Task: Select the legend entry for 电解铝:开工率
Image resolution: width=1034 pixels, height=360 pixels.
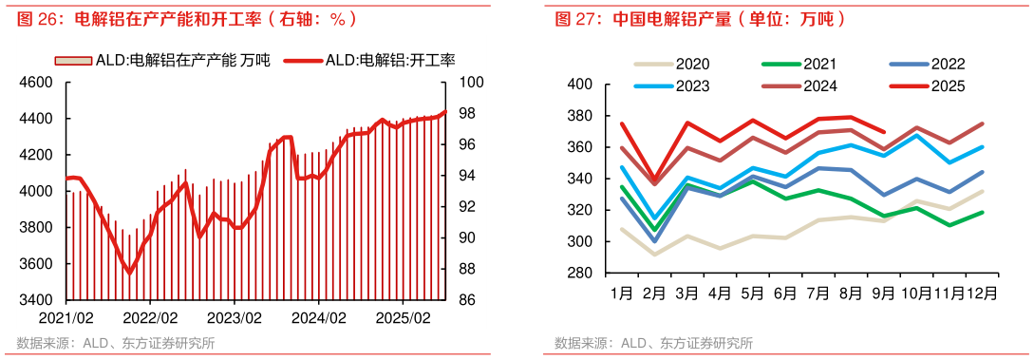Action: [375, 61]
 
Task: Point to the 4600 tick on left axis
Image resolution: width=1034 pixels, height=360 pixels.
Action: [37, 83]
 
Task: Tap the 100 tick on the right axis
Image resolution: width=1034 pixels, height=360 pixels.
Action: [472, 83]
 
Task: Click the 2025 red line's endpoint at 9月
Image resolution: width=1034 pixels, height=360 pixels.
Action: [884, 133]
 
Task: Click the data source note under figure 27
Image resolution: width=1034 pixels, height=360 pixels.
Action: [654, 343]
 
